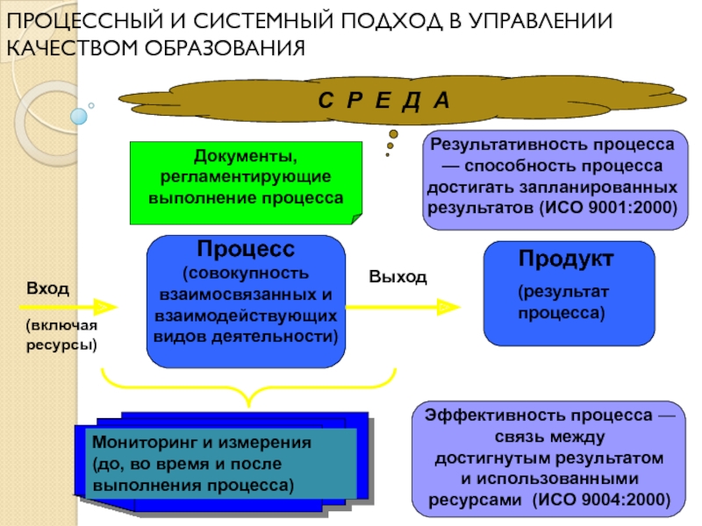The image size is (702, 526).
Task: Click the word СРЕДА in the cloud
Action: [383, 100]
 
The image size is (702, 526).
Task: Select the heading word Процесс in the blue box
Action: [246, 249]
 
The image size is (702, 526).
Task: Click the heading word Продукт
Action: [566, 259]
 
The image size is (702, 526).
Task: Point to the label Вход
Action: [48, 288]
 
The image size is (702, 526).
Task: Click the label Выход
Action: [398, 277]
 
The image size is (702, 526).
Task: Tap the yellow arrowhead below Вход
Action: [105, 308]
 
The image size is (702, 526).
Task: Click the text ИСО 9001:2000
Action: [608, 208]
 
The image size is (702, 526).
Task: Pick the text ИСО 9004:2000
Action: [601, 500]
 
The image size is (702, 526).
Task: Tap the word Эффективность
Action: [493, 416]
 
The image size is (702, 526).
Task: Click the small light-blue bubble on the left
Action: [79, 117]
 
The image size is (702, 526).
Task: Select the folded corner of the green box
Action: [357, 218]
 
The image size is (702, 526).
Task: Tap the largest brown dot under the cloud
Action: [393, 134]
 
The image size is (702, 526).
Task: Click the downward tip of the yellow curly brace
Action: [249, 406]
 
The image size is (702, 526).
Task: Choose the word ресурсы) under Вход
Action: [61, 345]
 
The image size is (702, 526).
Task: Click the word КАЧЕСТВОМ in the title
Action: [72, 48]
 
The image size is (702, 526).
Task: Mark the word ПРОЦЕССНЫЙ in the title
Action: [84, 20]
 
